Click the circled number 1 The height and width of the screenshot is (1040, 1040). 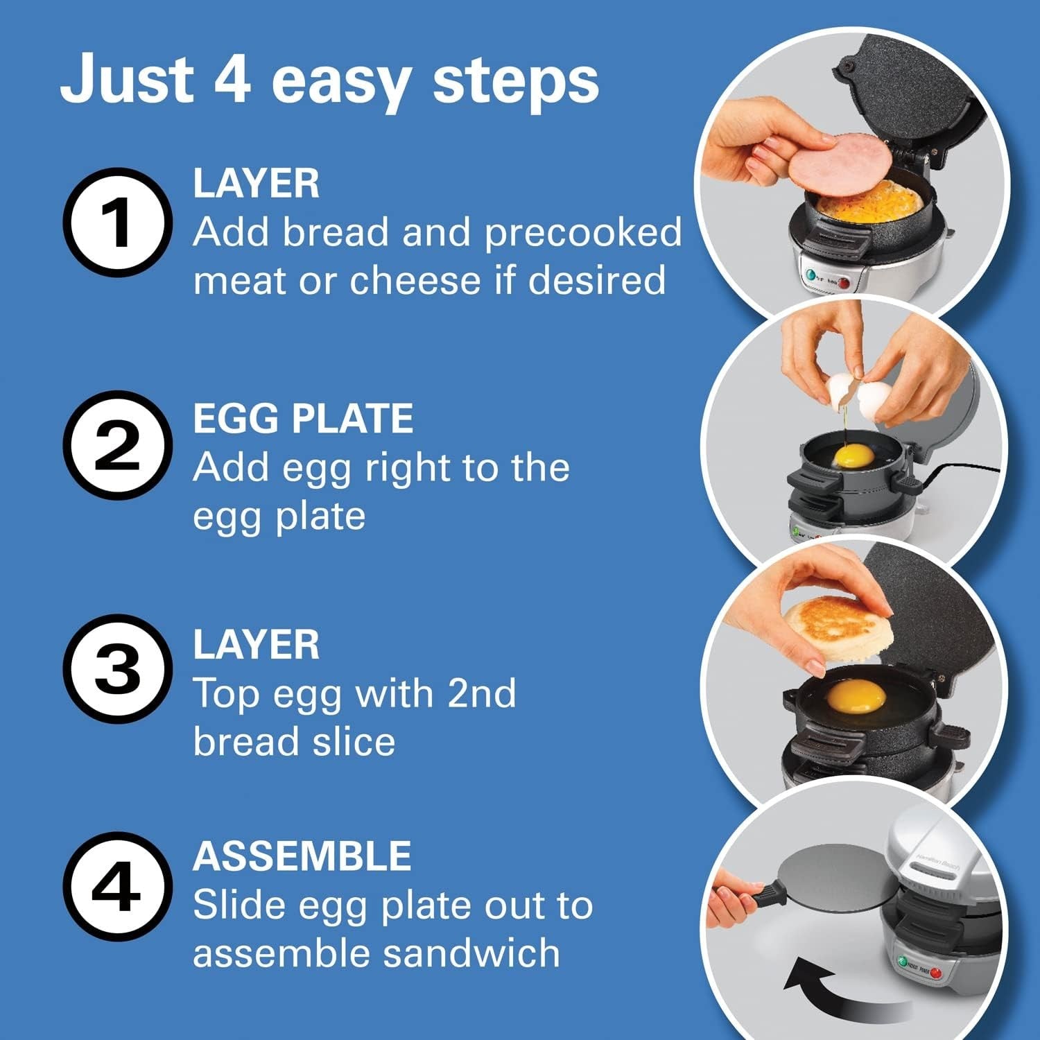pos(117,223)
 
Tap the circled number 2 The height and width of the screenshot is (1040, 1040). pos(117,446)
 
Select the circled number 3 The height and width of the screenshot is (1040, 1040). pos(117,669)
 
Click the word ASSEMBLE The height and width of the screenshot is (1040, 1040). pos(302,856)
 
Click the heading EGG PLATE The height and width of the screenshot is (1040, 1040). pos(303,419)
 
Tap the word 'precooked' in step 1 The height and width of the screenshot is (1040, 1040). pos(583,232)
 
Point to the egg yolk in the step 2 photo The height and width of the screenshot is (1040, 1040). pos(853,456)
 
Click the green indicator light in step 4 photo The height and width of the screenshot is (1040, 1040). pos(901,962)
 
